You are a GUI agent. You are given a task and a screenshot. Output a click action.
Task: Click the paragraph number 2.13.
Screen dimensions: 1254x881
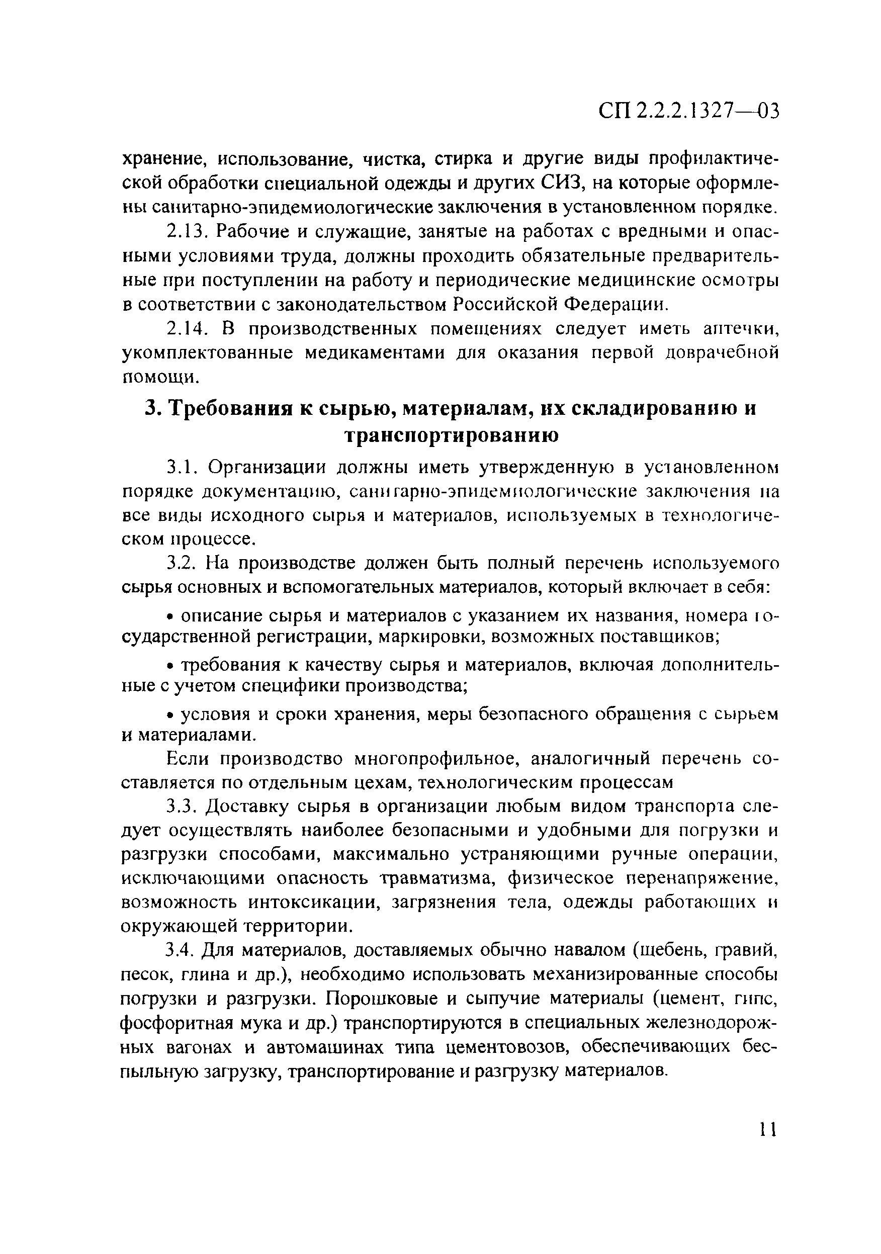tap(186, 232)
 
